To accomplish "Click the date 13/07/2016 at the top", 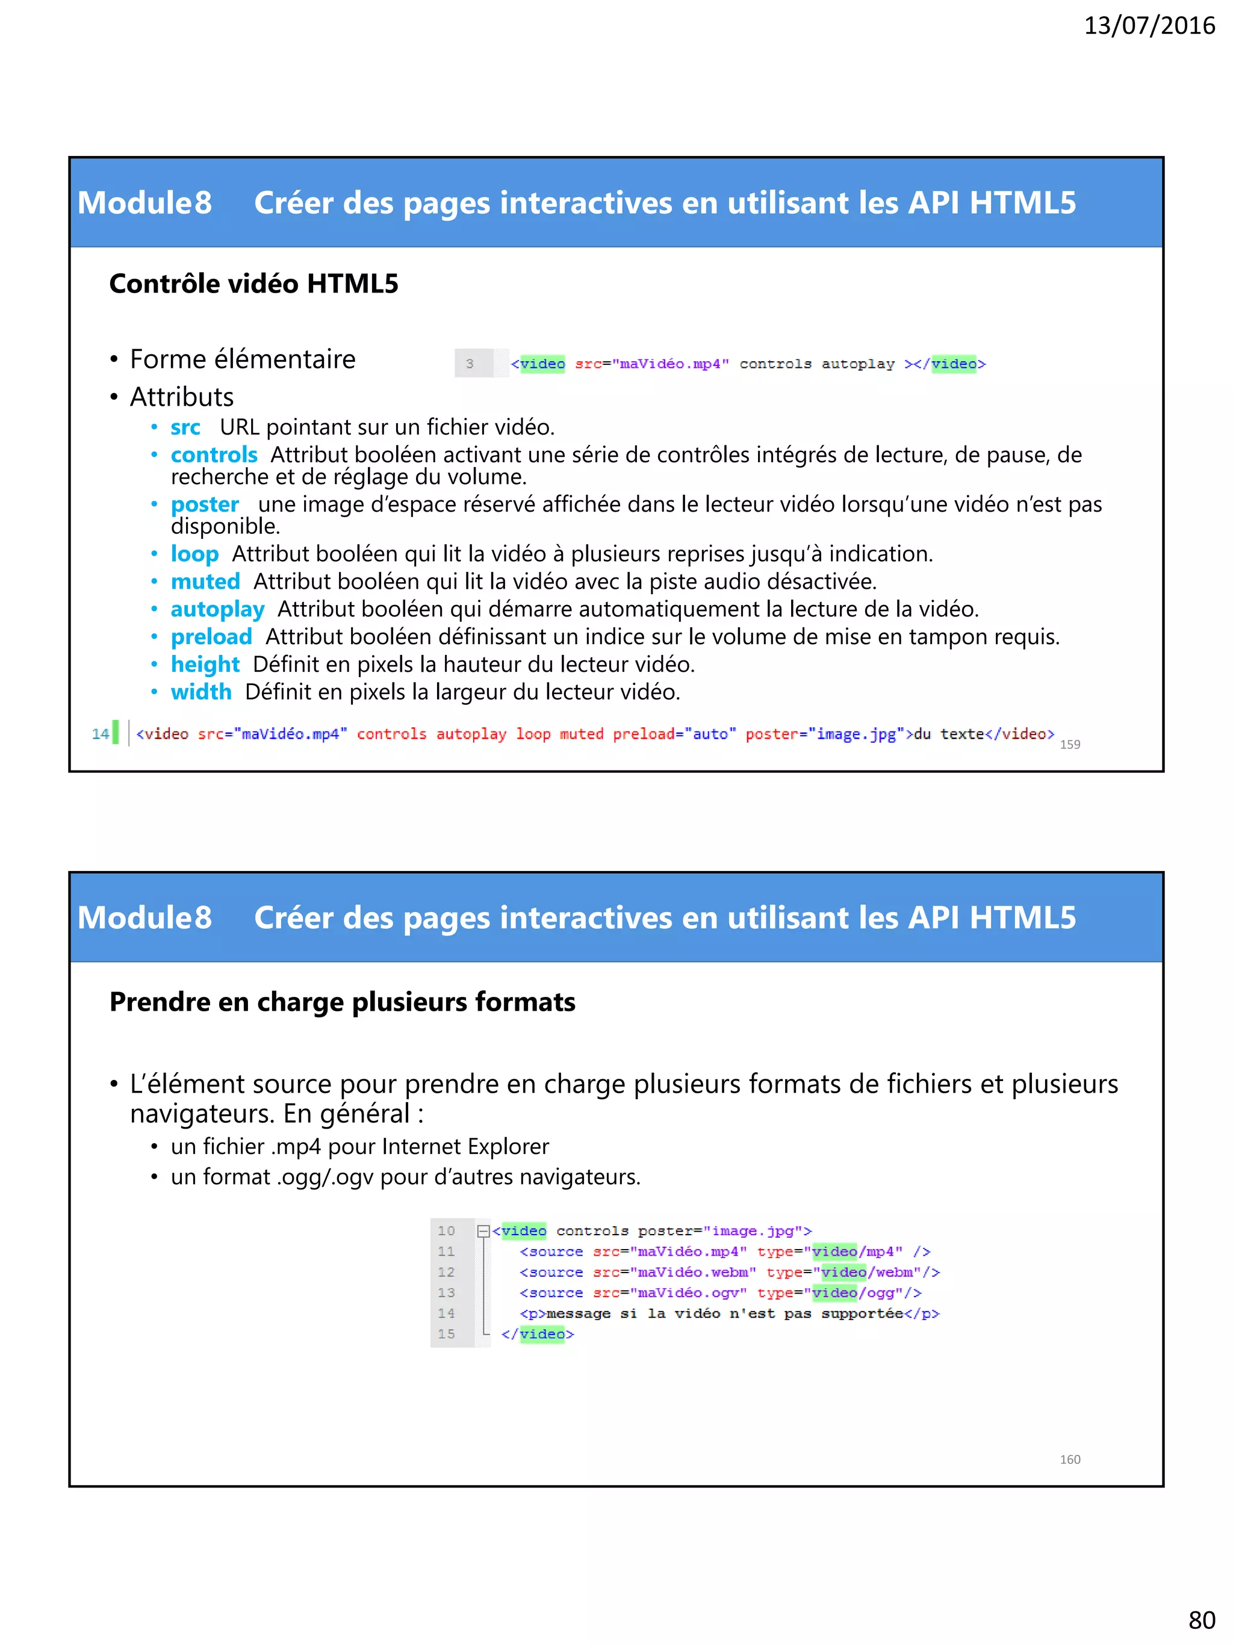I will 1149,26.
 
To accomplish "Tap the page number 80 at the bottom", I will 1202,1619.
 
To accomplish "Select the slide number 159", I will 1069,745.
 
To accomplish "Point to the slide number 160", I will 1069,1459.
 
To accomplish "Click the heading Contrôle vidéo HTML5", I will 253,284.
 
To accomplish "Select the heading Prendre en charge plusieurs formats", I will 342,1002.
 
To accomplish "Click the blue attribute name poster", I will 204,504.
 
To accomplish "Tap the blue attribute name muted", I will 205,581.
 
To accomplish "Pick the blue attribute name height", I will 205,665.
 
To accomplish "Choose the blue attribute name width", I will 200,692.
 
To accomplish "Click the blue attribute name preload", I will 211,637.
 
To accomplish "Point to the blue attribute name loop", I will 194,554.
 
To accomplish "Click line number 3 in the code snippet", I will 470,364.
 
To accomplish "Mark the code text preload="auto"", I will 674,734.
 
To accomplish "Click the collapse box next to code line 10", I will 483,1231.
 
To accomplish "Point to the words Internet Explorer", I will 465,1147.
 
